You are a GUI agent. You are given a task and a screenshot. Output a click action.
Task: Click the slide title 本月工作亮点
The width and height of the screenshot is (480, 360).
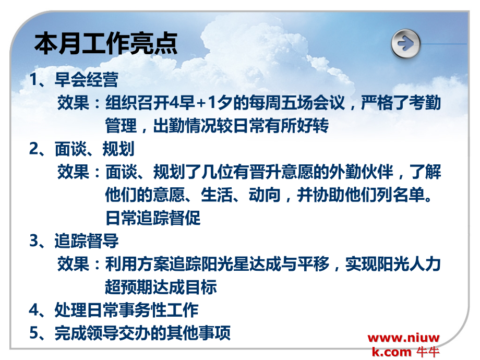click(106, 44)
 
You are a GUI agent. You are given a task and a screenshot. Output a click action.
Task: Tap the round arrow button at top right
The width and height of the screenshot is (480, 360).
click(405, 42)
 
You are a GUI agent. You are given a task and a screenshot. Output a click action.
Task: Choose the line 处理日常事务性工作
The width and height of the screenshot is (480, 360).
click(126, 310)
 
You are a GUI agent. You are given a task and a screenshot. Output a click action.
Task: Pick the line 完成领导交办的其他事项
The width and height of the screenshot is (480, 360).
click(142, 333)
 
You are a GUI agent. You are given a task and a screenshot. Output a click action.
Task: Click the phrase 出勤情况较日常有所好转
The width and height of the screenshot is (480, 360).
click(241, 126)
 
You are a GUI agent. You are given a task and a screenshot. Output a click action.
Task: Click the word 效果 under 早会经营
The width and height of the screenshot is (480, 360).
click(73, 103)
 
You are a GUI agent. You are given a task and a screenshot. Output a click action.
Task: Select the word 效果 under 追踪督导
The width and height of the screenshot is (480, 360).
click(73, 264)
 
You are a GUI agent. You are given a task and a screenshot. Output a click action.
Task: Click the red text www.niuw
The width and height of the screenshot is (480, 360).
click(404, 338)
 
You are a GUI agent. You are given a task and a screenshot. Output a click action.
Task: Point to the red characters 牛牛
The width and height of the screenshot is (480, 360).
click(428, 352)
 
